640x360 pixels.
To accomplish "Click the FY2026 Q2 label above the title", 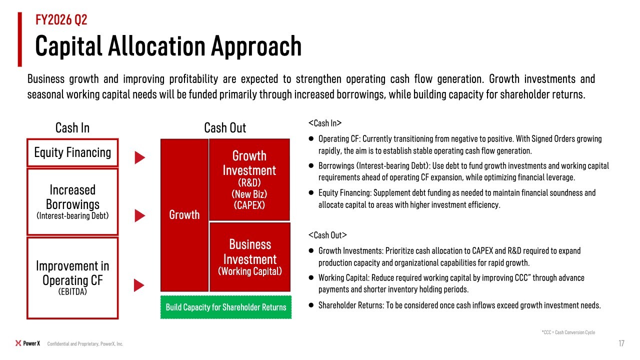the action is [x=61, y=19].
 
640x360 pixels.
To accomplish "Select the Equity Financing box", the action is [x=72, y=152].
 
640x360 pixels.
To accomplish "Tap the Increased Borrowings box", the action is [x=72, y=202].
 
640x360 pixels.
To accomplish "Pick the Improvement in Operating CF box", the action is [x=72, y=278].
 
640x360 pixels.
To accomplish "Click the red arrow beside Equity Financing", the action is [x=139, y=157].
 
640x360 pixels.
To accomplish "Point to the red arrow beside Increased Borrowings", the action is [x=139, y=215].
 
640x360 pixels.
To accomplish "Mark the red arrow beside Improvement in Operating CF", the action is [x=139, y=285].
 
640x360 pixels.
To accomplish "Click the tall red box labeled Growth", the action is [x=184, y=215].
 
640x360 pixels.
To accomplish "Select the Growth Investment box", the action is [x=249, y=179].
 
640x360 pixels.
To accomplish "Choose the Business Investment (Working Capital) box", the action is [x=250, y=257].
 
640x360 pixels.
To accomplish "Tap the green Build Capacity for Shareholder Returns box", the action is [x=226, y=307].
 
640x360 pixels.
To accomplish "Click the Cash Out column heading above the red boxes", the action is [x=225, y=127].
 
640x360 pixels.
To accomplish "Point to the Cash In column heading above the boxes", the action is [x=72, y=127].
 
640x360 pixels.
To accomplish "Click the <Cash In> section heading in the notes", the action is [x=325, y=123].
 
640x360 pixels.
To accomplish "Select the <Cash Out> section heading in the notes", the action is [x=327, y=235].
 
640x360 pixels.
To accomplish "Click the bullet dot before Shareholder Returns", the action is [x=311, y=305].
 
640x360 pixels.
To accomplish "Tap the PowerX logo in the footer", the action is [x=27, y=343].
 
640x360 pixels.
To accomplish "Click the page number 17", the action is [x=621, y=343].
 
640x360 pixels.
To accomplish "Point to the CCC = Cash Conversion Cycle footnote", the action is [x=568, y=332].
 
